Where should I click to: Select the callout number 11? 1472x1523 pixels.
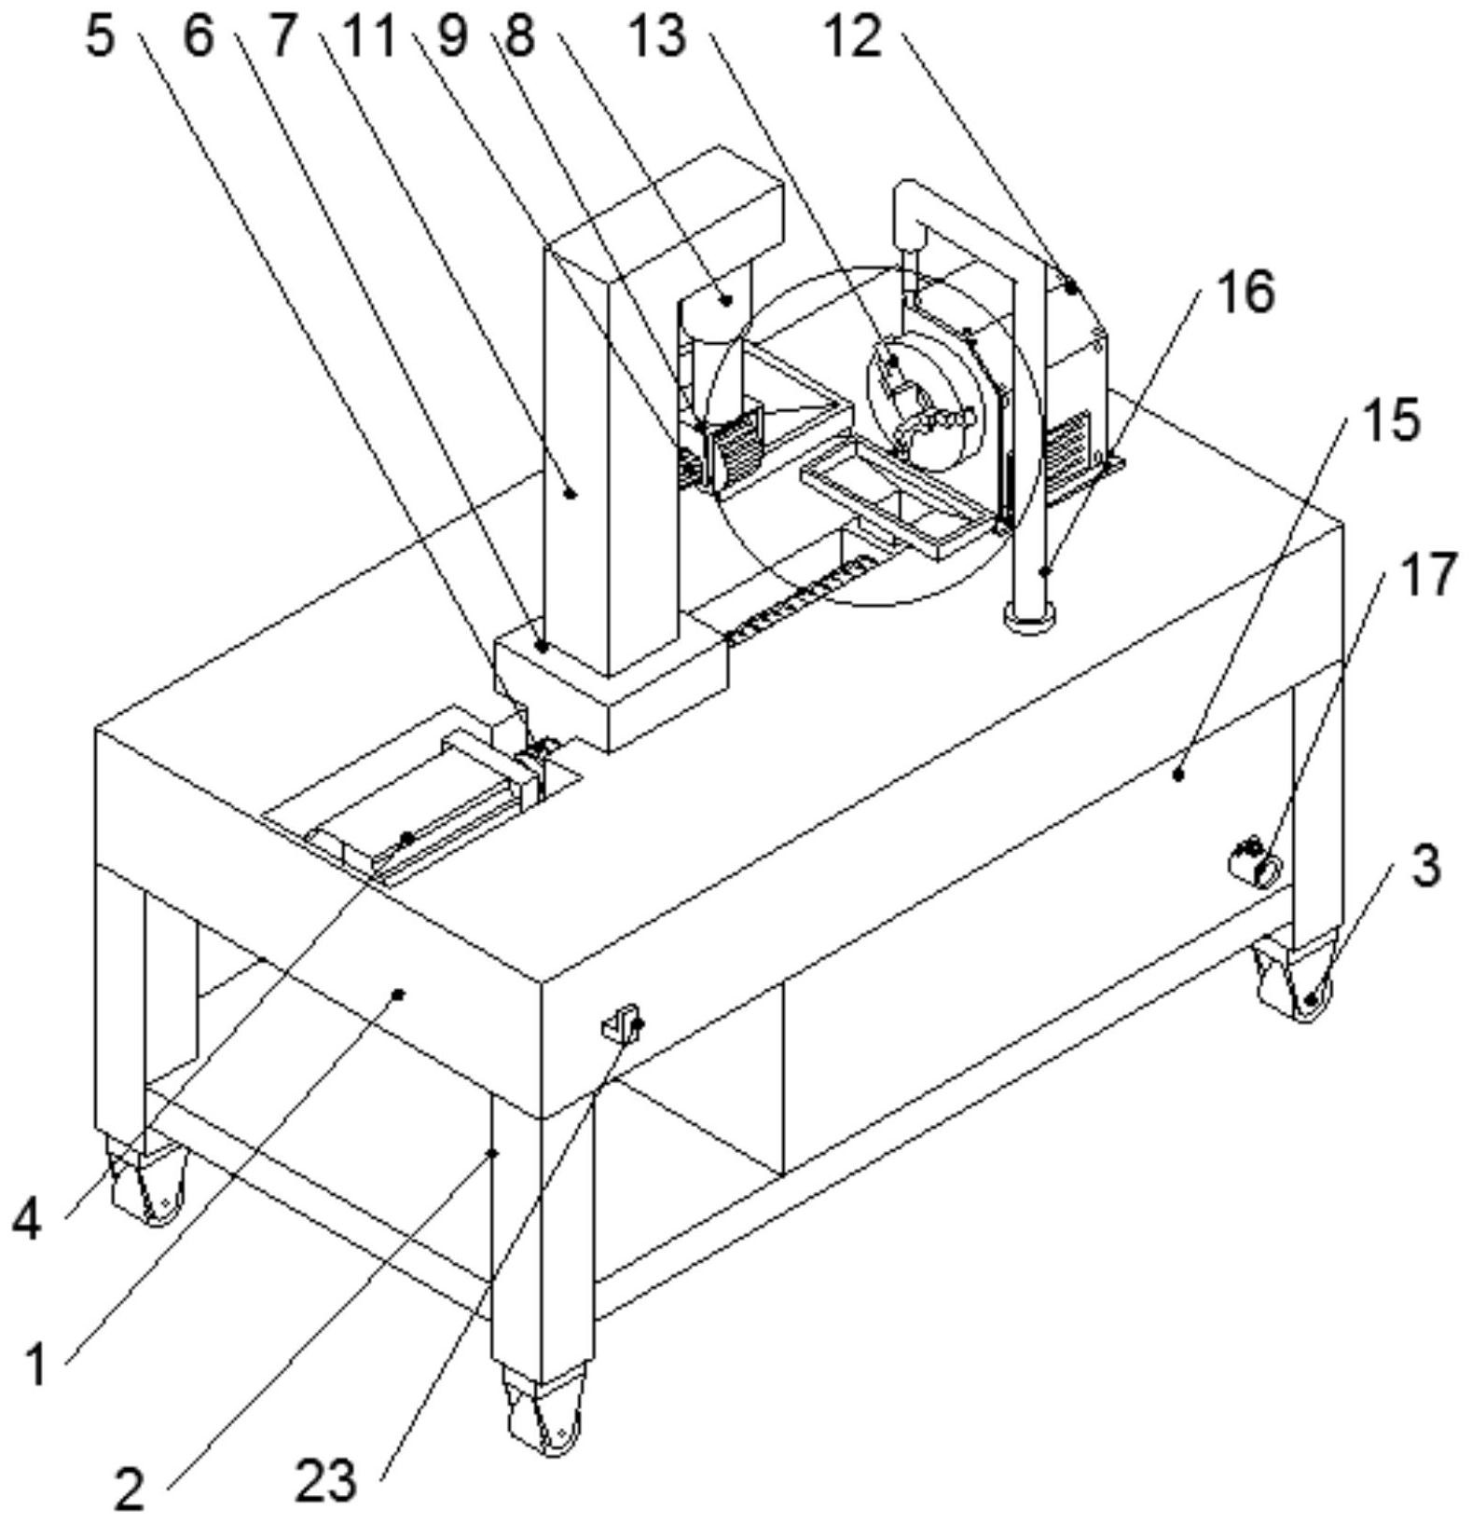[x=369, y=37]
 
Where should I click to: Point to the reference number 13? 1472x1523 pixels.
[x=656, y=37]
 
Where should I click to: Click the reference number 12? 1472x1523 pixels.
[x=852, y=37]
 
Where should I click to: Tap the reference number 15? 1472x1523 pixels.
[x=1392, y=419]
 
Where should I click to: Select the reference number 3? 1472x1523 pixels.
[x=1424, y=867]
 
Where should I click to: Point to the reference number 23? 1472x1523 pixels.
[x=326, y=1479]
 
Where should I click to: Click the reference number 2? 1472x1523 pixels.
[x=131, y=1489]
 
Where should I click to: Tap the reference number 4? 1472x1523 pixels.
[x=27, y=1219]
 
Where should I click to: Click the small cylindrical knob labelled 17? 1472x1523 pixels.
[x=1255, y=865]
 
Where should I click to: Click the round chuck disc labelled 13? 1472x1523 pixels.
[x=927, y=403]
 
